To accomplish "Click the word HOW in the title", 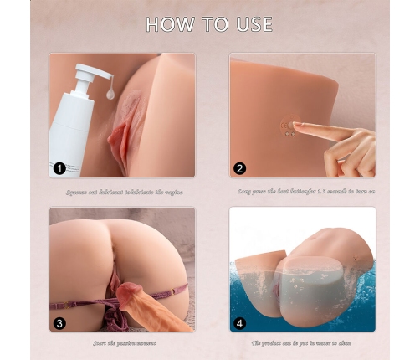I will pyautogui.click(x=169, y=24).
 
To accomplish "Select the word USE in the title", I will pyautogui.click(x=252, y=24).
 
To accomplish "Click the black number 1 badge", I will pyautogui.click(x=59, y=167).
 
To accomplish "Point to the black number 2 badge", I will pyautogui.click(x=240, y=167).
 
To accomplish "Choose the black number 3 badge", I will pyautogui.click(x=59, y=321).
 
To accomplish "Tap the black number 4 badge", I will pyautogui.click(x=240, y=321).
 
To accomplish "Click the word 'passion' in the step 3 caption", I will pyautogui.click(x=127, y=343).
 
